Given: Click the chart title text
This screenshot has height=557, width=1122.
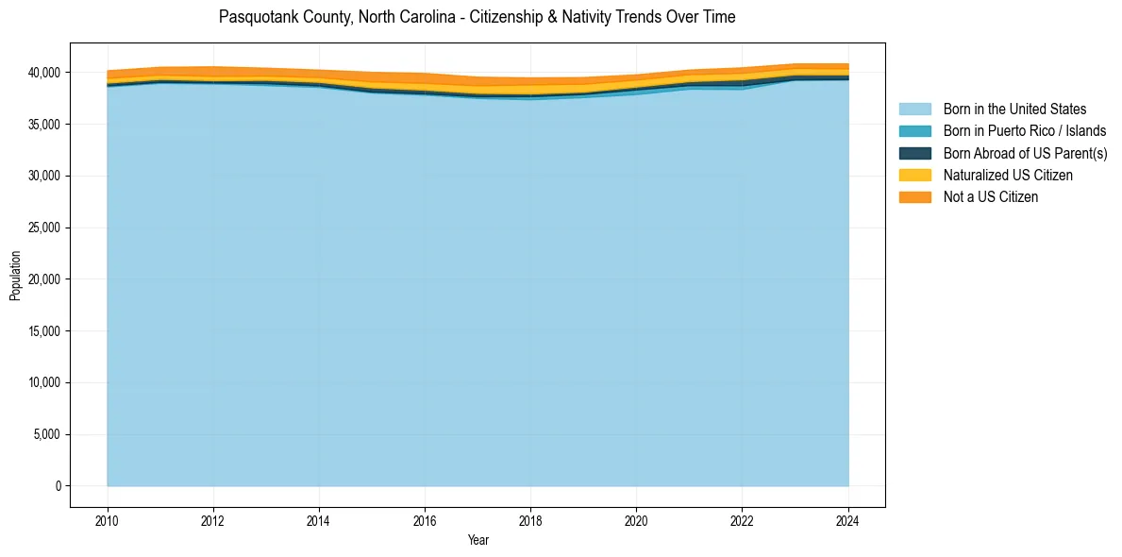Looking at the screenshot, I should (477, 17).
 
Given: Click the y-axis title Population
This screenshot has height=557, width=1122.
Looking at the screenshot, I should (15, 276).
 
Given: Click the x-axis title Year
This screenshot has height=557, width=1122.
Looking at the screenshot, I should (477, 541).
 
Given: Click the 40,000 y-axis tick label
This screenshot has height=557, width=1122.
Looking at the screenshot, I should (44, 73).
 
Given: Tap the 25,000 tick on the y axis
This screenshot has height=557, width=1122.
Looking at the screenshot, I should (44, 228).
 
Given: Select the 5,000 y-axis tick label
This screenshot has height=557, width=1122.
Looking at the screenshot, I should (47, 434).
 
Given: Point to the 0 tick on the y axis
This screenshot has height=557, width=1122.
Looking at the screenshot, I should (58, 486).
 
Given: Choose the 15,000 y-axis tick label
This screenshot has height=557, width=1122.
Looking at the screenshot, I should (44, 331).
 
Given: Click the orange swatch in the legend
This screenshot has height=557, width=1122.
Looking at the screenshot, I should (914, 197).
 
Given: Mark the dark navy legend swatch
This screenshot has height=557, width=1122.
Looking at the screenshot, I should (914, 153).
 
